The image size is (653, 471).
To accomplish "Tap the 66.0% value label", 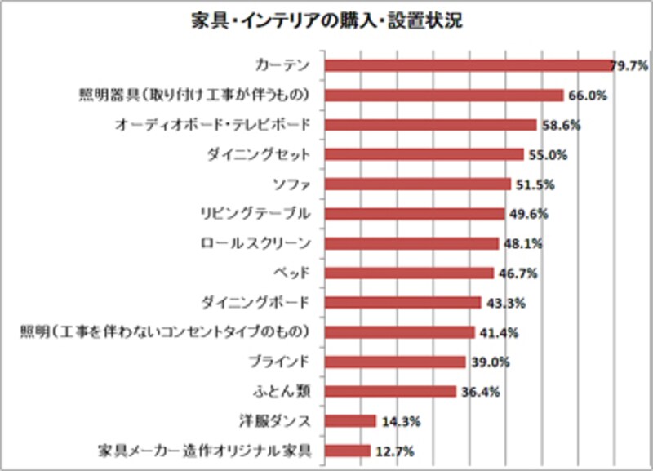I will tap(586, 96).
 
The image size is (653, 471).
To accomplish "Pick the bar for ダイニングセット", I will tap(424, 154).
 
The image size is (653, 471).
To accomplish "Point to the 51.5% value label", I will tap(535, 184).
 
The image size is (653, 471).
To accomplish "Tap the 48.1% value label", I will tap(522, 243).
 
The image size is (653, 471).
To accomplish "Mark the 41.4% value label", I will tap(498, 332).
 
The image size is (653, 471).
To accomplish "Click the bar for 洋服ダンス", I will tap(350, 421).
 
